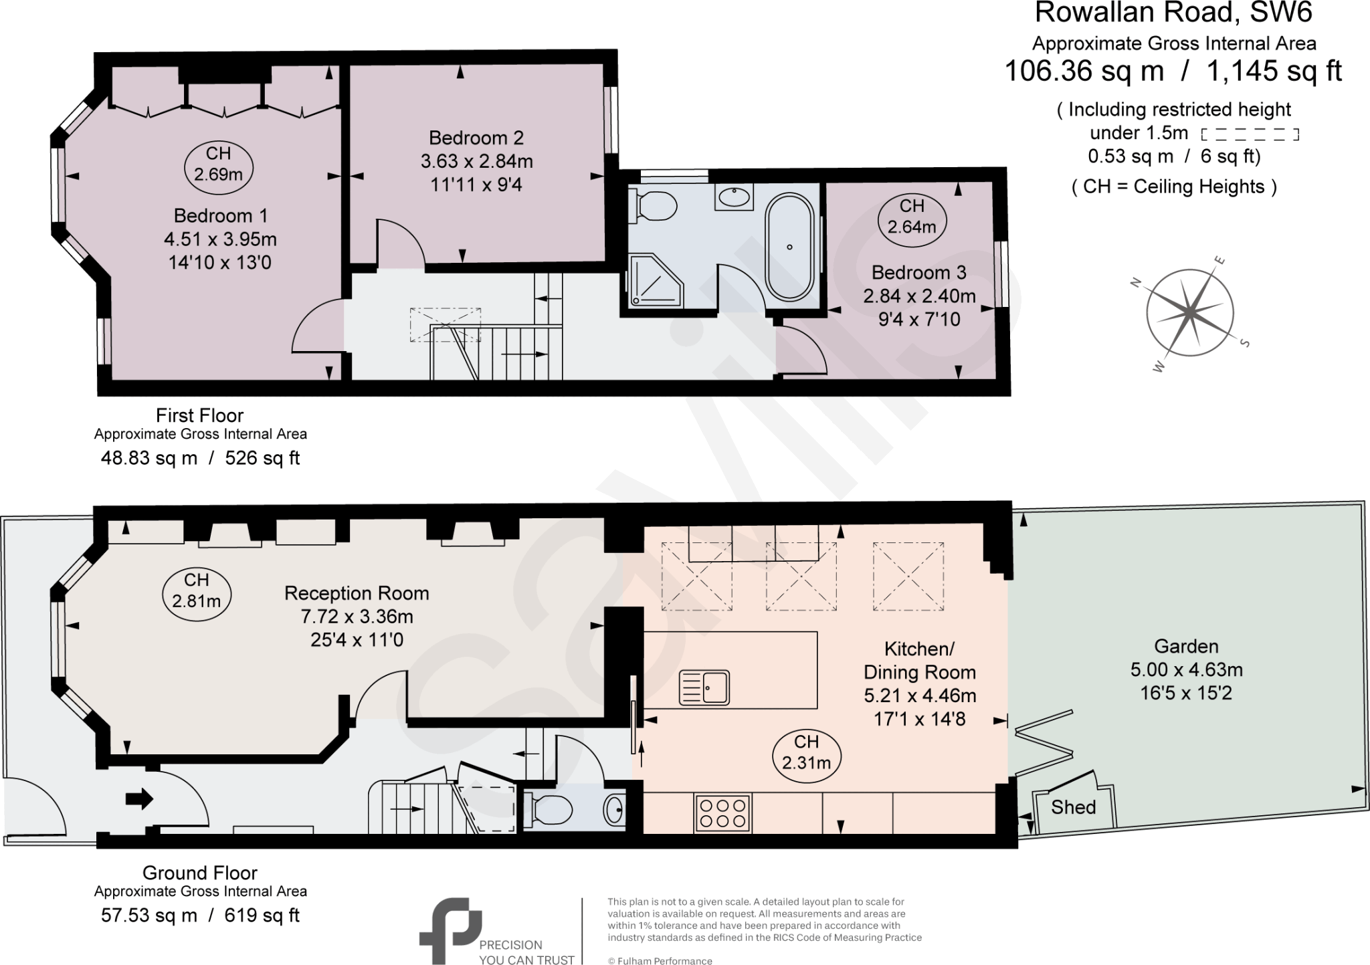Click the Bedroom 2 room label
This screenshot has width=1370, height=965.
pos(476,138)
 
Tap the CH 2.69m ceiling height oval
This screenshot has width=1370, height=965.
pos(218,164)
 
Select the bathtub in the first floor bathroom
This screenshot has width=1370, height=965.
pos(789,247)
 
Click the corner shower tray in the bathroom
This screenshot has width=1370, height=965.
pos(655,280)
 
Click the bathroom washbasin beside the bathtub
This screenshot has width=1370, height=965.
pos(735,197)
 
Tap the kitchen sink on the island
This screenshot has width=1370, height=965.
pos(704,687)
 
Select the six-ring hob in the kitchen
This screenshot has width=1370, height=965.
pos(722,813)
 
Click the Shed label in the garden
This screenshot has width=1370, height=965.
pos(1073,807)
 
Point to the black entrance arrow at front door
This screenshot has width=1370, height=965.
pos(139,798)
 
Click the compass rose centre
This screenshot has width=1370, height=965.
pos(1190,312)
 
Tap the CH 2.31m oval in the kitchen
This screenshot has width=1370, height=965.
pos(806,752)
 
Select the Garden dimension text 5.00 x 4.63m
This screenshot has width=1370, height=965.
pos(1186,669)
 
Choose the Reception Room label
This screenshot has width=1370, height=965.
pos(356,593)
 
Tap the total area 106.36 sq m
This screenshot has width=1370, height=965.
pos(1084,72)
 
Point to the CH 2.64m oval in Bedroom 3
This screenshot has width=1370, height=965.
pos(911,217)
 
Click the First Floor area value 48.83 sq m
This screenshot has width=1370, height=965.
pos(149,458)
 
